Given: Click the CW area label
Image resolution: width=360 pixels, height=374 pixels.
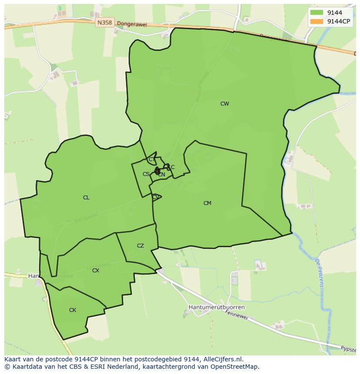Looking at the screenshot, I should [224, 104].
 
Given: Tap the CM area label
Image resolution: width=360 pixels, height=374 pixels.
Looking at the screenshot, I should [207, 203].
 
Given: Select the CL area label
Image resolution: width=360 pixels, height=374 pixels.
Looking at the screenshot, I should [86, 198].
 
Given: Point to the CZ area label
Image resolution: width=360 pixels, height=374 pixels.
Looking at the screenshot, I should [140, 246].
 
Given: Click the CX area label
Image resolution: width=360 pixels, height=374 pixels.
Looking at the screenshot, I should [96, 271].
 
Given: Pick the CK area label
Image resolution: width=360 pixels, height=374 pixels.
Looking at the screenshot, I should [73, 310].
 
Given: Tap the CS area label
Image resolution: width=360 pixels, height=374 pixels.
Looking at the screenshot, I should [146, 174].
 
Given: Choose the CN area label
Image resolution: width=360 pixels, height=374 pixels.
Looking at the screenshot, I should [161, 175].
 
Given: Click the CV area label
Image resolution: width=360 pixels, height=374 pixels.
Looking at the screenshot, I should [155, 197].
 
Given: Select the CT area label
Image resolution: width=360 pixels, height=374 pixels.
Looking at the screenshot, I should [151, 159].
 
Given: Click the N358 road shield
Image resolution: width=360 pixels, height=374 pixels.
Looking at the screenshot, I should [105, 23].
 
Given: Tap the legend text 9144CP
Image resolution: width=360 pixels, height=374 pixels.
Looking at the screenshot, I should [339, 21].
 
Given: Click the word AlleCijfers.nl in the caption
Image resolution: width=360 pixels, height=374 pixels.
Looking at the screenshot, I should [223, 359].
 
